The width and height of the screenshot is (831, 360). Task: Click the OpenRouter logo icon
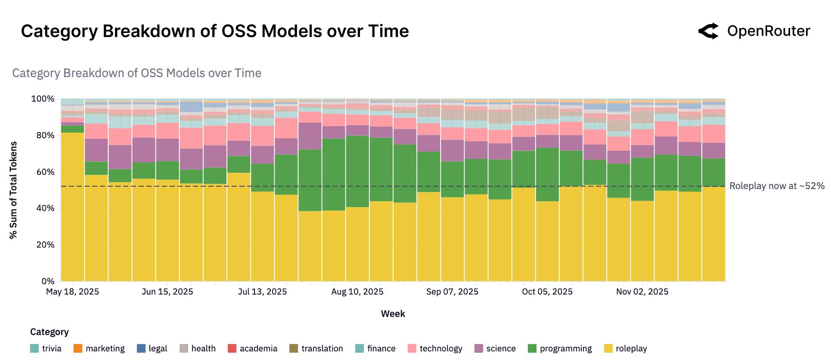pos(709,31)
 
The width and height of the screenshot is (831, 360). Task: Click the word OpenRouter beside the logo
pos(768,31)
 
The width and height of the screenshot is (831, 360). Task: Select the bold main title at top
pos(215,31)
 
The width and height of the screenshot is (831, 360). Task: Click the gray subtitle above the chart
pos(136,73)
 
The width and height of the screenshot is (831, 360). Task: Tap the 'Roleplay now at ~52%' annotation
pos(777,186)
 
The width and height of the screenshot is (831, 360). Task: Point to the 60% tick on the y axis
pos(45,172)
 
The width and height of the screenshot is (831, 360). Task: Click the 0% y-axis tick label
pos(48,281)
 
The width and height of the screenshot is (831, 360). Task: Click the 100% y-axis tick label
pos(43,99)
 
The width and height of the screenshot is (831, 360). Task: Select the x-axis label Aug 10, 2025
pos(357,292)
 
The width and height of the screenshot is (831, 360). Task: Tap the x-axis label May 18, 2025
pos(72,292)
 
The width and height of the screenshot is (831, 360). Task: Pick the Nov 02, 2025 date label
pos(642,292)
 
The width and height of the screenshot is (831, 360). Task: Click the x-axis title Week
pos(393,313)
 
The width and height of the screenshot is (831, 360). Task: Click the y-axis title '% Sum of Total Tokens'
pos(13,190)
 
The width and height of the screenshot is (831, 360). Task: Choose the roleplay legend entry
pos(631,348)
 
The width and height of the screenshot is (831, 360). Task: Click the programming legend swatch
pos(532,348)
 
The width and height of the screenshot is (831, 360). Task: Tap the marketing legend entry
pos(105,348)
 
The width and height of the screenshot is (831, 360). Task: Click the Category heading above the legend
pos(49,332)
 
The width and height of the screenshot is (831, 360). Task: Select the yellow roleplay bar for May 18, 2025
pos(72,207)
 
